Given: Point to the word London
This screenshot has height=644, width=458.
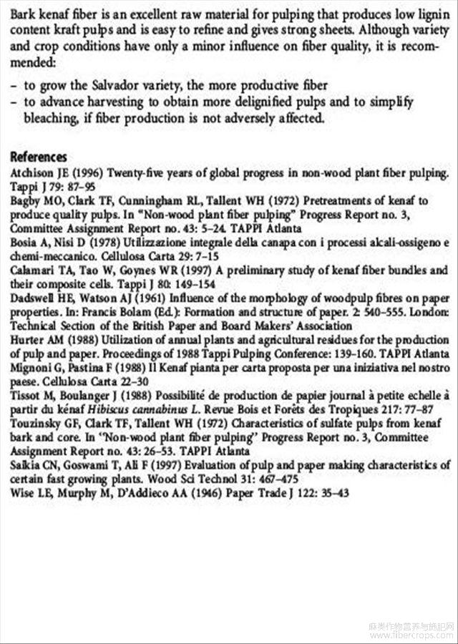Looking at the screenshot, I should click(x=429, y=312).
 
